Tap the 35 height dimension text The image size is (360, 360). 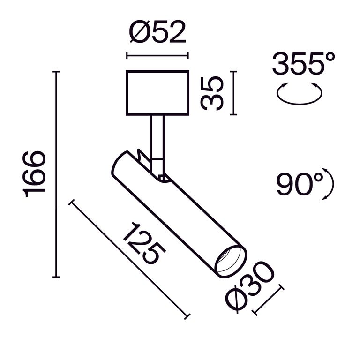point(212,93)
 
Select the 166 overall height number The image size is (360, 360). point(35,174)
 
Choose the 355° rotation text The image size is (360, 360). point(304,64)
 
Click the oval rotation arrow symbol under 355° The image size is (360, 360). point(299,94)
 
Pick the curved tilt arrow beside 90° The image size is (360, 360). point(330,186)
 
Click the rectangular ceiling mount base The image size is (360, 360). point(157,93)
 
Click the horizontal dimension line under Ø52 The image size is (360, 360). point(157,56)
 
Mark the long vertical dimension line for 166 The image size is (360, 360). point(56,174)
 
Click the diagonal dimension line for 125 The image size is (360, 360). point(129,260)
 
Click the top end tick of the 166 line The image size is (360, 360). point(56,72)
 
